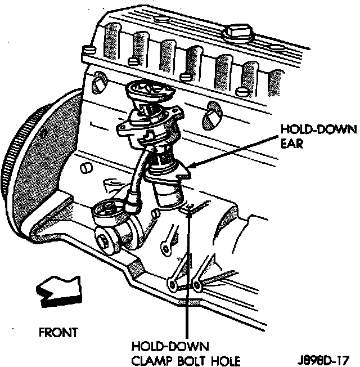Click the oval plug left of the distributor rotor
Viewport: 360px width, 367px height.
(99, 83)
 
